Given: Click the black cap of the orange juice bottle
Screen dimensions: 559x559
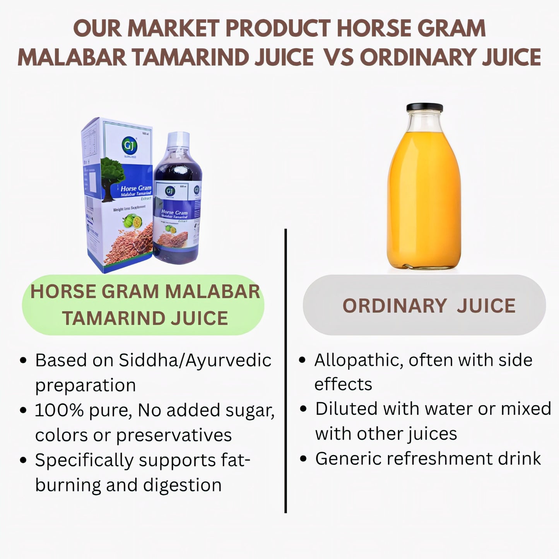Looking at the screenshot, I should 424,107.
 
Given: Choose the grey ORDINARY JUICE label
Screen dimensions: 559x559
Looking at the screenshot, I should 424,306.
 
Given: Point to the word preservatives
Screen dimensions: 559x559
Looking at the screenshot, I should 174,435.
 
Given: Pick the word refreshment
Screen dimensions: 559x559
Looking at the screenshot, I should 439,458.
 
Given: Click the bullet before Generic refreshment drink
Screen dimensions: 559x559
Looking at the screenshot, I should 304,459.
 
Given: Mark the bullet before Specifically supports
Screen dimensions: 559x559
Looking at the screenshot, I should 24,461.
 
